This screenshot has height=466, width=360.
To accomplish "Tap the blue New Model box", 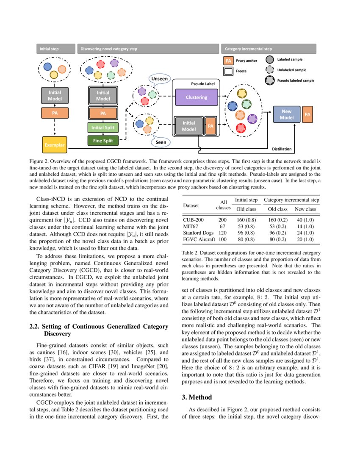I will [x=287, y=114].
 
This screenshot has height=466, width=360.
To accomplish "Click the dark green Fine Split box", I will [x=103, y=141].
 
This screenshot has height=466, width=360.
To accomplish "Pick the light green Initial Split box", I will [x=103, y=127].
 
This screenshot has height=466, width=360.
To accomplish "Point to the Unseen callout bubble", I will [x=159, y=79].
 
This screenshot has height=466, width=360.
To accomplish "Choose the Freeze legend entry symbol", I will [x=228, y=71].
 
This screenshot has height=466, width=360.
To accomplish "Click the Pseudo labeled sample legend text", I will [x=296, y=80].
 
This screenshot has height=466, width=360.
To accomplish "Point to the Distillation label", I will [x=282, y=149].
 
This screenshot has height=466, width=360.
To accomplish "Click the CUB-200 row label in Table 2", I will [x=194, y=220].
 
